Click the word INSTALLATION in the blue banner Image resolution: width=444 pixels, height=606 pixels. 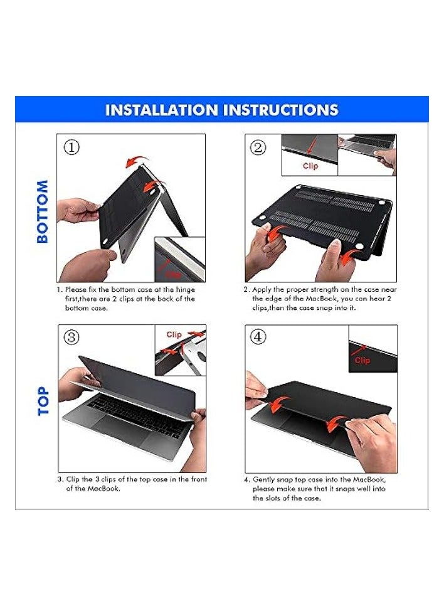coord(162,110)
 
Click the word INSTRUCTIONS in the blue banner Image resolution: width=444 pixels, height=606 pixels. coord(281,110)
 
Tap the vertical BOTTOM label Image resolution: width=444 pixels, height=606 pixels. coord(43,211)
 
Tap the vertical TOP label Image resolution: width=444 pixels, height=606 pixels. coord(43,401)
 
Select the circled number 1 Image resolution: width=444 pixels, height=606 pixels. coord(71,147)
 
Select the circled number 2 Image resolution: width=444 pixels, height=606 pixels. coord(258,147)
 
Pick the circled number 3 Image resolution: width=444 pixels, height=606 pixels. coord(71,338)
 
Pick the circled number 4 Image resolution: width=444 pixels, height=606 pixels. coord(258,337)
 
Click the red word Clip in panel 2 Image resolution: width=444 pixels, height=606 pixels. coord(310,166)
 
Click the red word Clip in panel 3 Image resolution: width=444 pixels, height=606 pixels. coord(174,334)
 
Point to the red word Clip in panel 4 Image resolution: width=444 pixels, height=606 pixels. coord(362,360)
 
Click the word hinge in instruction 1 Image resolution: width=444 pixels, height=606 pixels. coord(186,290)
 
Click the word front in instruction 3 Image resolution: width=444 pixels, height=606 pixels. coord(199,479)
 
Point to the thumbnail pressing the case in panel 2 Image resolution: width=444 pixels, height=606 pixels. coord(336,243)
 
